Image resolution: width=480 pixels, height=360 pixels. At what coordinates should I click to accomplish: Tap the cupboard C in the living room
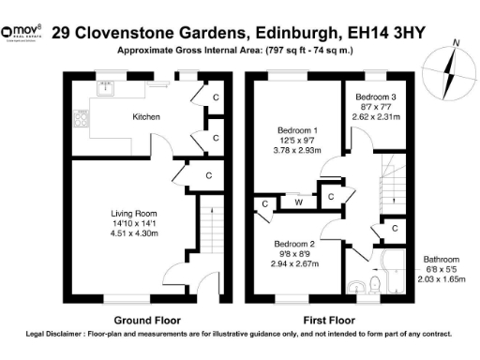[207, 174]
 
